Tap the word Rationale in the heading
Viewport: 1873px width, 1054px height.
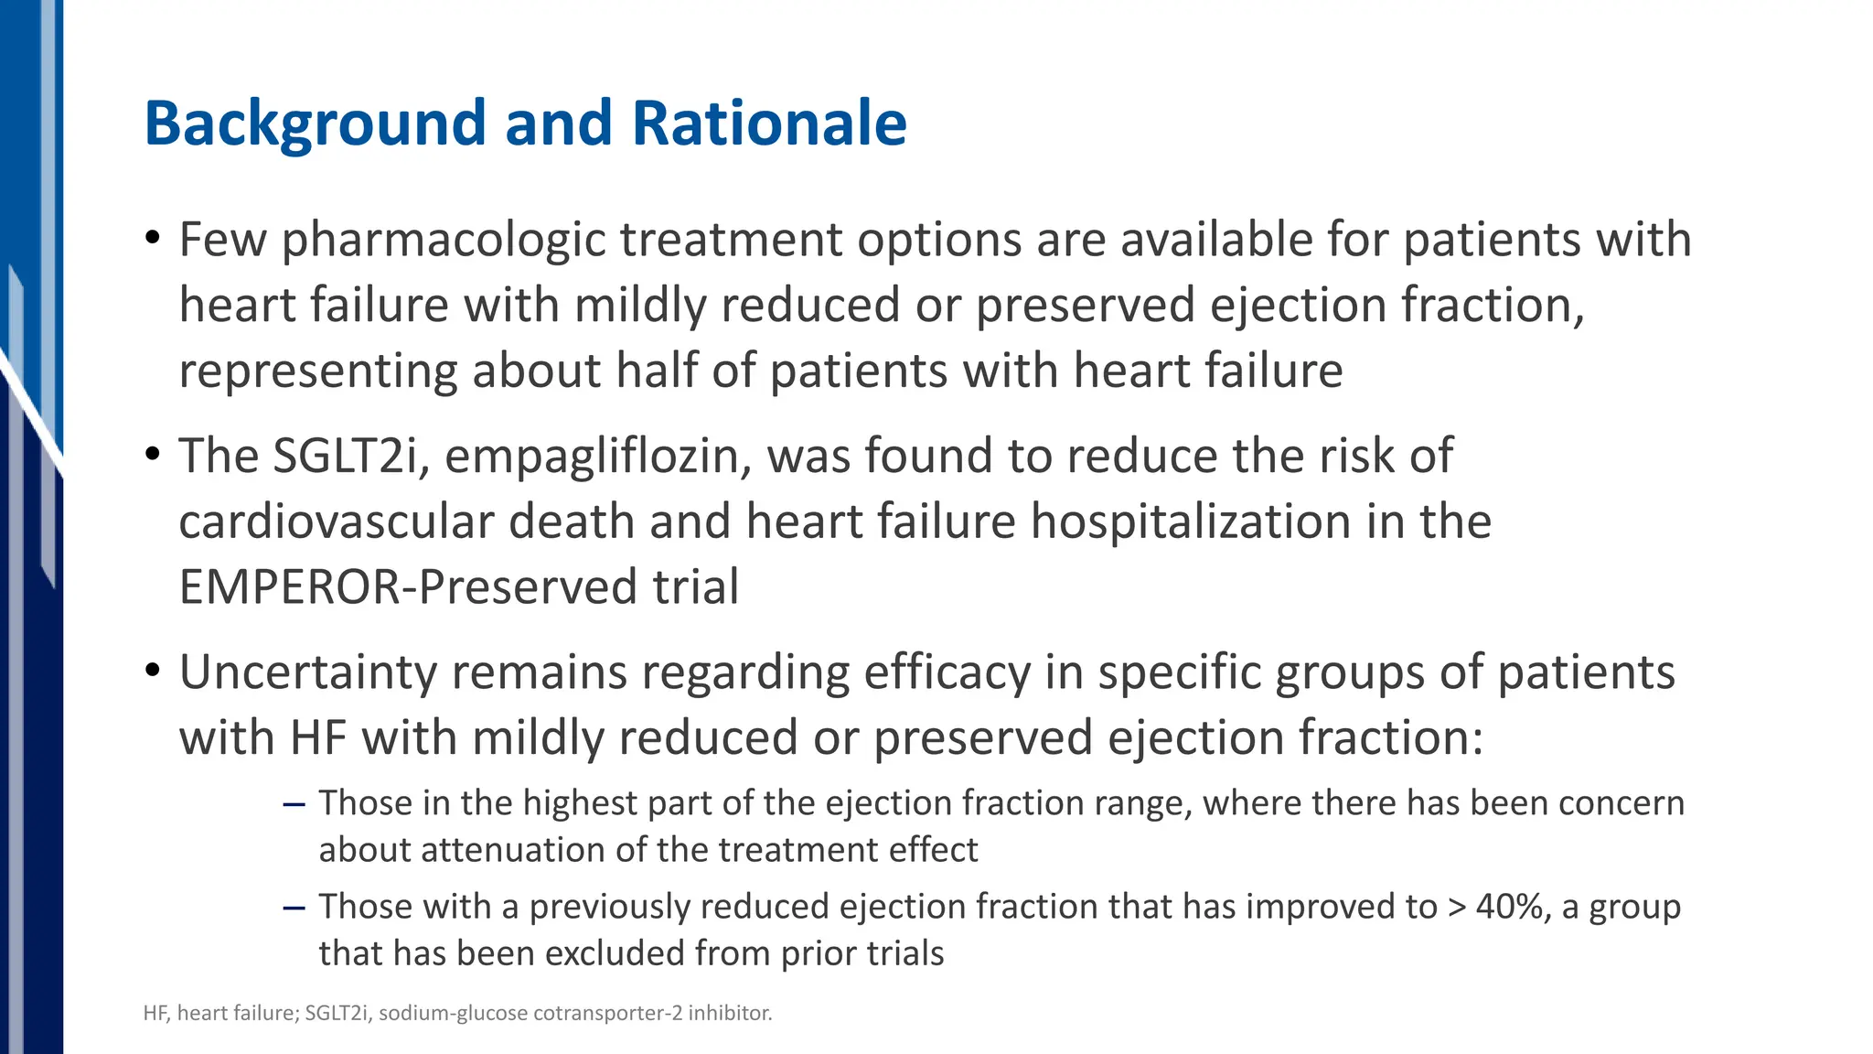[768, 124]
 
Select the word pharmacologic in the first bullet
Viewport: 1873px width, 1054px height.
[444, 240]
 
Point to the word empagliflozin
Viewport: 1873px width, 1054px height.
[598, 456]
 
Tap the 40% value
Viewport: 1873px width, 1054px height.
[1513, 907]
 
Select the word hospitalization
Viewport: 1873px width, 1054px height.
[1191, 522]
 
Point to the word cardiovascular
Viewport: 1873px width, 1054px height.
[336, 522]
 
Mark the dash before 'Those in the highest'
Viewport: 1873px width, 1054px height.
[294, 804]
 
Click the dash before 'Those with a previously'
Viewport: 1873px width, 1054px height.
[294, 908]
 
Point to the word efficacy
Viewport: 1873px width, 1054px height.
[947, 672]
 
